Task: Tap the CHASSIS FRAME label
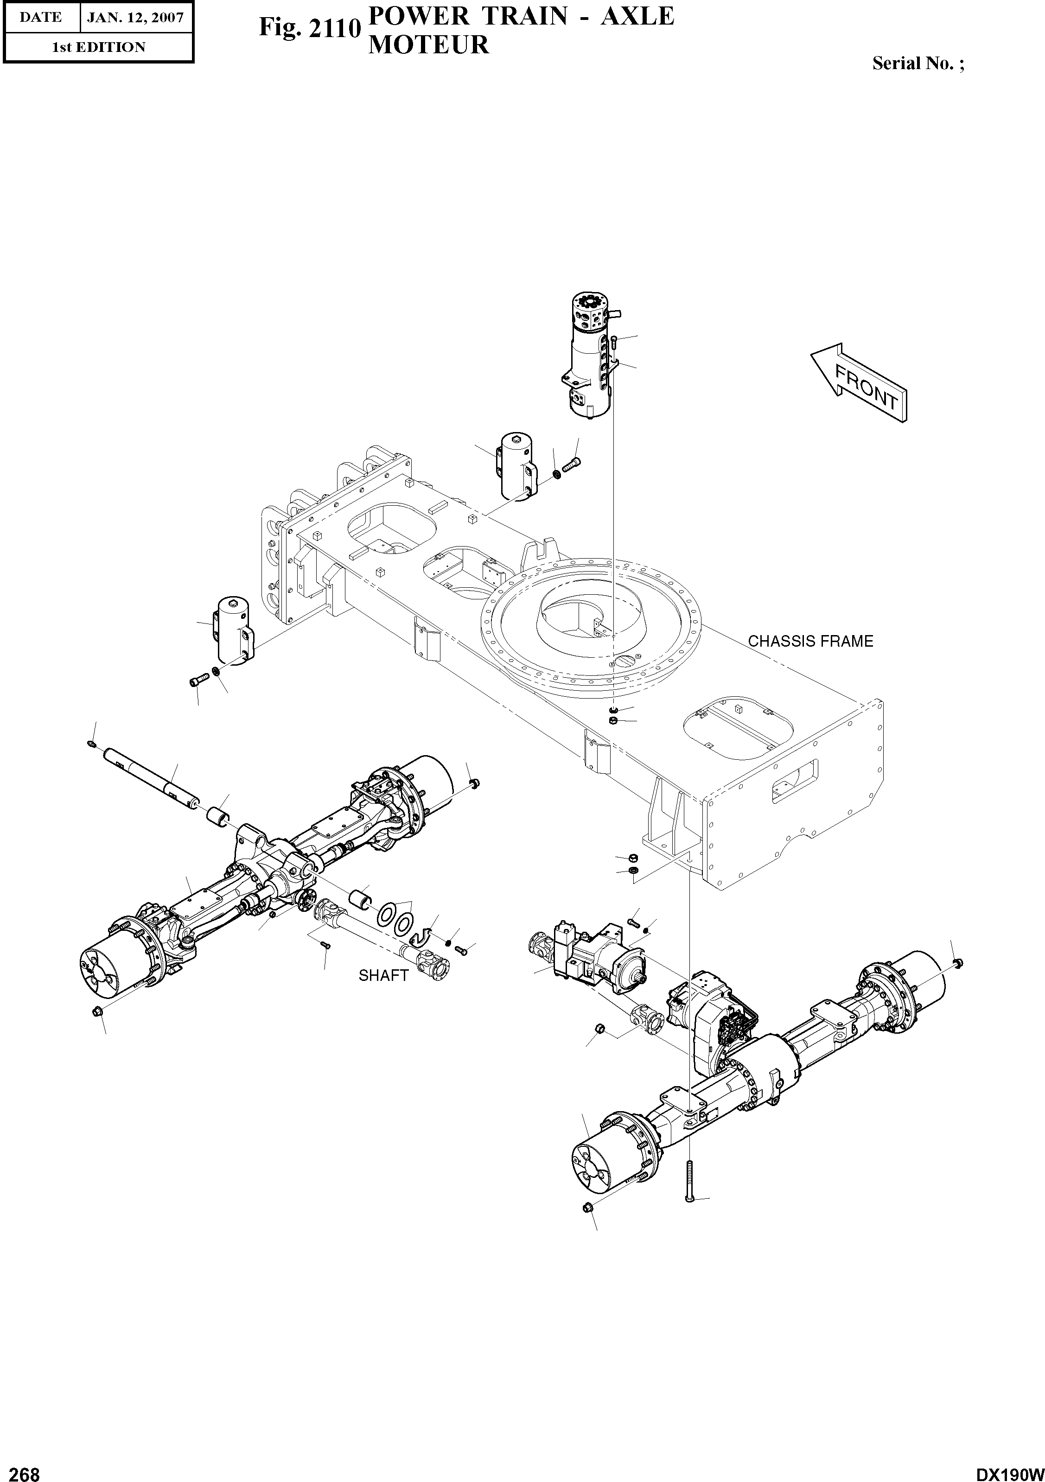810,642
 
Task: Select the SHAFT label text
383,976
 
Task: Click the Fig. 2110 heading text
308,28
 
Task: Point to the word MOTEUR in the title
428,45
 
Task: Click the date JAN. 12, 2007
135,18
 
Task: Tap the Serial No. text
918,63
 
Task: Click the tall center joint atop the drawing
589,355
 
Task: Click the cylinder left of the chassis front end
233,630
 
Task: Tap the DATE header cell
40,18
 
